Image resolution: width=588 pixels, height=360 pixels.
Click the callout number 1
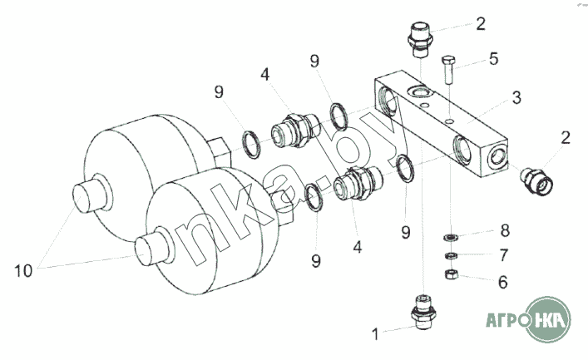coord(375,333)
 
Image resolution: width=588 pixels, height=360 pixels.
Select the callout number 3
coord(516,97)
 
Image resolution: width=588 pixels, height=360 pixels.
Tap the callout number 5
coord(494,59)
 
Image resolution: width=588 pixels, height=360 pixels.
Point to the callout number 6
coord(503,282)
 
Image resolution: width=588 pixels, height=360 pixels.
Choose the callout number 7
coord(504,255)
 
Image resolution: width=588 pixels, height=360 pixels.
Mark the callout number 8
coord(505,230)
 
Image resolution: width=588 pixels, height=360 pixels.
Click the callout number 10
coord(23,270)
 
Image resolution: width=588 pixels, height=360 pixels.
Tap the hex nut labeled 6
coord(451,274)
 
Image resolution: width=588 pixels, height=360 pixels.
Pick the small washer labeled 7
coord(451,256)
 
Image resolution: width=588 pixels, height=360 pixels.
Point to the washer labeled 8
coord(450,237)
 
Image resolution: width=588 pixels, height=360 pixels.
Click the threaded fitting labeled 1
coord(423,312)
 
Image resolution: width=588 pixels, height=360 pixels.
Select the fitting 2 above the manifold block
coord(420,40)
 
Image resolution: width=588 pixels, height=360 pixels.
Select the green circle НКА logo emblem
coord(547,319)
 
